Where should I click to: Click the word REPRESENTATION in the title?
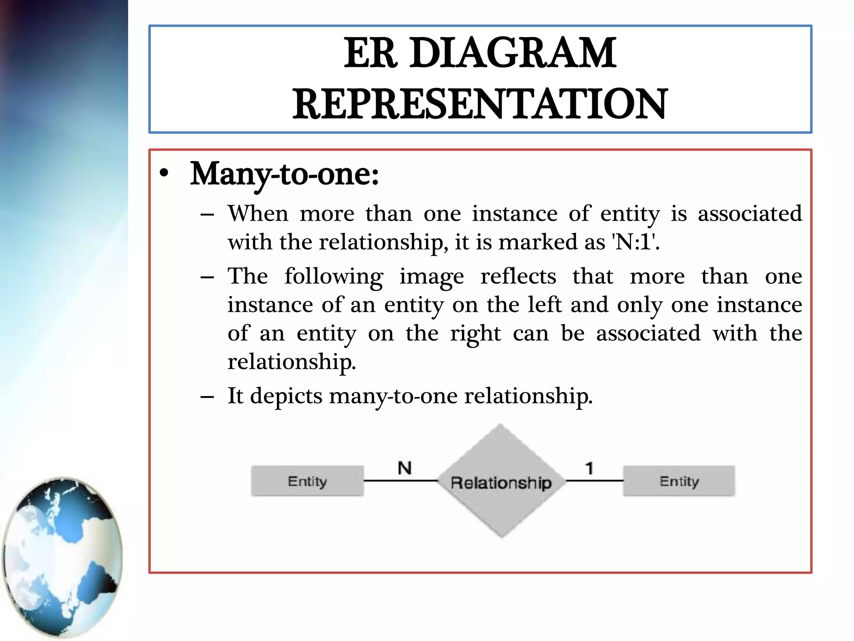click(480, 104)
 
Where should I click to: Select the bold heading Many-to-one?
click(284, 174)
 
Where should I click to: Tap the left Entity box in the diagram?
click(307, 481)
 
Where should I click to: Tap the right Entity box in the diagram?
click(679, 481)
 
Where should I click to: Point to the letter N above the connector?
click(404, 468)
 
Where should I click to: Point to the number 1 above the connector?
click(589, 468)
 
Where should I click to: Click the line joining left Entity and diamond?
click(400, 481)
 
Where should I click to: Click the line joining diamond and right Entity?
click(594, 481)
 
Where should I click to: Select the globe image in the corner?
click(63, 557)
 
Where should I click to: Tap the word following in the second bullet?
click(334, 277)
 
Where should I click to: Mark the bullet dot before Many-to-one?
click(164, 174)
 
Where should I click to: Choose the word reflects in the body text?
click(518, 276)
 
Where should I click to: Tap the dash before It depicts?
click(207, 396)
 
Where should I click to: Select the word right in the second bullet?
click(475, 334)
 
